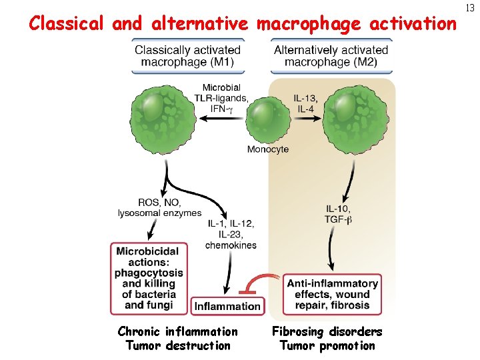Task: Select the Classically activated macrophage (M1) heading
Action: tap(187, 55)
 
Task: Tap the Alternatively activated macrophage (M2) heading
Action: tap(331, 55)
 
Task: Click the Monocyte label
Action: tap(268, 149)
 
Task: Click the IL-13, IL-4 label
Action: tap(305, 103)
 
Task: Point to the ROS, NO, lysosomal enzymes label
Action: tap(159, 208)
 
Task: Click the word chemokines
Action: tap(231, 245)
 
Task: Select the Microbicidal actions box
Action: tap(148, 278)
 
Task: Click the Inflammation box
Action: tap(227, 307)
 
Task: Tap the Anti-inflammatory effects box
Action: tap(333, 293)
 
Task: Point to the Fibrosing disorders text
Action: tap(327, 331)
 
